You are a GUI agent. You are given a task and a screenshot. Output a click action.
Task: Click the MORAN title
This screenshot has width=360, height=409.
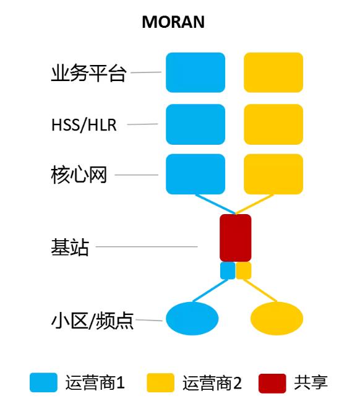point(173,22)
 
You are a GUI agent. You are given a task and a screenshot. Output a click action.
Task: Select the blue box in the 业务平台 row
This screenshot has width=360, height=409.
point(195,72)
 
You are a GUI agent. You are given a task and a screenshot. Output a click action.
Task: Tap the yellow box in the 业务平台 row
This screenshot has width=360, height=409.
point(273,72)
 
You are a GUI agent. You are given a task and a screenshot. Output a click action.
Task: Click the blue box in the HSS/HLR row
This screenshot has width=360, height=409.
point(195,124)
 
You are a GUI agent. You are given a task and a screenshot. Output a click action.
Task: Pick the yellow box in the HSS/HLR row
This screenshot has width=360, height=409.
point(273,124)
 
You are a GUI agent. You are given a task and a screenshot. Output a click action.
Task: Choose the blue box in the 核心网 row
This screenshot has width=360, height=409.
point(195,174)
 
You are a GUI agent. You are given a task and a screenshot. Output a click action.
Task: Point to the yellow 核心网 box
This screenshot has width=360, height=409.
point(273,174)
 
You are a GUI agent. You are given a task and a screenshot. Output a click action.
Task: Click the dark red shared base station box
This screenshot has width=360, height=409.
point(236,238)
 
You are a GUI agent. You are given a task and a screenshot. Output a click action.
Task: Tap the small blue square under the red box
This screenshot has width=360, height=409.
point(228,270)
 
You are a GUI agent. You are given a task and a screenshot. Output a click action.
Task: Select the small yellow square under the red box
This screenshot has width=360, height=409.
point(244,270)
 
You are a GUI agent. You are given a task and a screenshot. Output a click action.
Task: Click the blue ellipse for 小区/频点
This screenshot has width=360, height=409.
point(192,319)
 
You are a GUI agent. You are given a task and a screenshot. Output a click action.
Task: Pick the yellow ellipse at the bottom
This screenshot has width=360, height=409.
point(276,319)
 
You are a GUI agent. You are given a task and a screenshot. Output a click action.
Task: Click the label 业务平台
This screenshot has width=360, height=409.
point(88,72)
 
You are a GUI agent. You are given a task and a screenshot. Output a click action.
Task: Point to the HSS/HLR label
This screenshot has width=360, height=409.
point(84,125)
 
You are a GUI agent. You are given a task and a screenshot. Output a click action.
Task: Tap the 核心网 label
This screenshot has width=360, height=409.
point(79,174)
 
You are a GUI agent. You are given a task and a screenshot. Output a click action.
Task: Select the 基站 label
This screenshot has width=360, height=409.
point(70,247)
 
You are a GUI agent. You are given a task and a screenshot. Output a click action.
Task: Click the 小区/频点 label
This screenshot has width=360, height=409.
point(92,321)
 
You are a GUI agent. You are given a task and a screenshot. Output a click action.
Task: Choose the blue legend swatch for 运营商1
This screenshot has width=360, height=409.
point(43,382)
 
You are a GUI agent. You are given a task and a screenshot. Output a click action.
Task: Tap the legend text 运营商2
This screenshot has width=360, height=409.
point(212,383)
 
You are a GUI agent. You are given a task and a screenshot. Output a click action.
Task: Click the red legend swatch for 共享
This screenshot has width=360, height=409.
point(272,383)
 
